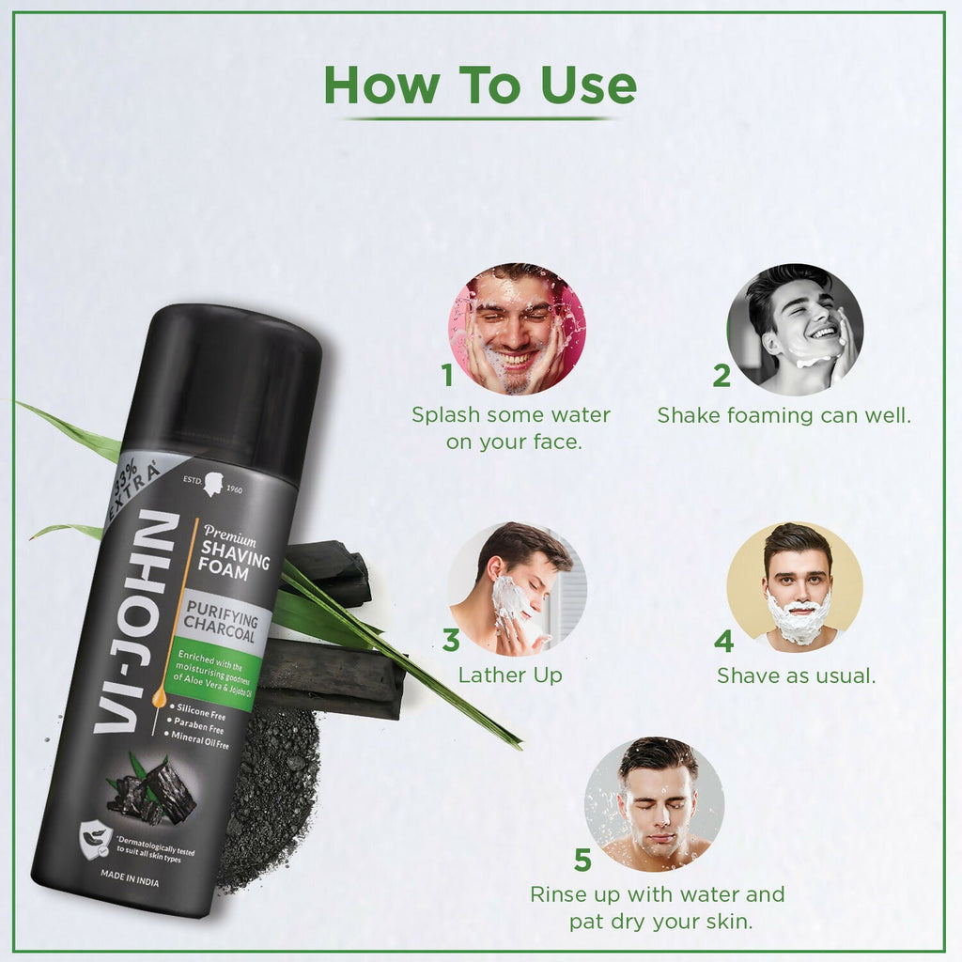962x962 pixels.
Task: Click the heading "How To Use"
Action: click(480, 85)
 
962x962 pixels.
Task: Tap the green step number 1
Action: click(448, 376)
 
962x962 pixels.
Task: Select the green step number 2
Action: click(721, 376)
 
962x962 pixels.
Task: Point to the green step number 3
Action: click(451, 641)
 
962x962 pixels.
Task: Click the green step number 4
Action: click(723, 641)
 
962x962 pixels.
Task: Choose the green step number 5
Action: click(583, 860)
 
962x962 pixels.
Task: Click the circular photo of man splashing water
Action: click(517, 329)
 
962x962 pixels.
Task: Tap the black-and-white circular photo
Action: click(796, 329)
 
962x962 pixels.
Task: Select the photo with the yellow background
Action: click(796, 587)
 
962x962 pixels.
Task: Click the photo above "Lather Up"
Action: click(517, 587)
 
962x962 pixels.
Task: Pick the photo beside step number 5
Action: click(655, 805)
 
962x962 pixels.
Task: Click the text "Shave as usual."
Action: click(796, 675)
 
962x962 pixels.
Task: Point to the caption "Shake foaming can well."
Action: click(784, 415)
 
